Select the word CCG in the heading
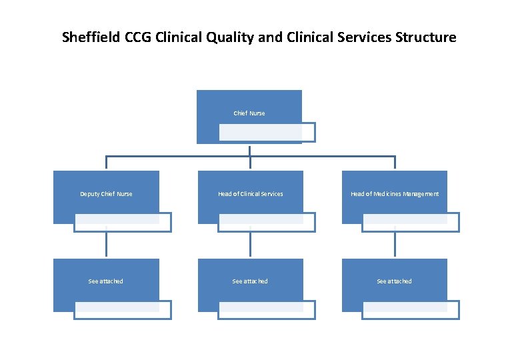click(138, 37)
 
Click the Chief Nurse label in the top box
click(249, 113)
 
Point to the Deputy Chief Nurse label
click(106, 194)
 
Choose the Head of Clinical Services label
click(251, 194)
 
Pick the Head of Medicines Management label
click(395, 194)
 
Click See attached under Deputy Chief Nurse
click(106, 281)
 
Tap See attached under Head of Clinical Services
click(250, 281)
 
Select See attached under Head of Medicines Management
click(395, 281)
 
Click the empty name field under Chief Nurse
click(267, 133)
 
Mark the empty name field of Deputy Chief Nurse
click(122, 222)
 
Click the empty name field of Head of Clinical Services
click(267, 222)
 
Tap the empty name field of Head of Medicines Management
click(411, 222)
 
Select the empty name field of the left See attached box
click(122, 310)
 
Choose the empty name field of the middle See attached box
click(267, 310)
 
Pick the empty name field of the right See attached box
click(411, 310)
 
